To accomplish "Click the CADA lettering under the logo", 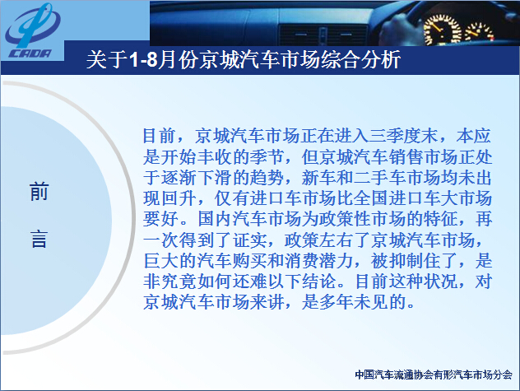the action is click(x=30, y=54).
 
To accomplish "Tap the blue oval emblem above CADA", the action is click(x=32, y=26).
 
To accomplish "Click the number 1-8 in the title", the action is click(x=142, y=60).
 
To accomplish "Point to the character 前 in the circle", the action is click(x=39, y=192).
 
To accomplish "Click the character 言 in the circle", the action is click(x=39, y=239).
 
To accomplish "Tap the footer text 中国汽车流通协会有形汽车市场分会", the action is click(x=433, y=375).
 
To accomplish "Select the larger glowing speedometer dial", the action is click(x=442, y=30).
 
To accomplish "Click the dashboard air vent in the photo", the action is click(x=323, y=35).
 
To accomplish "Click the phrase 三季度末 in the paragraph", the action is click(x=402, y=136).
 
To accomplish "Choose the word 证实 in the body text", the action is click(x=249, y=240).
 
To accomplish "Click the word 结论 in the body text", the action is click(x=319, y=282).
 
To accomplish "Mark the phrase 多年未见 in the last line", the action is click(x=354, y=302).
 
